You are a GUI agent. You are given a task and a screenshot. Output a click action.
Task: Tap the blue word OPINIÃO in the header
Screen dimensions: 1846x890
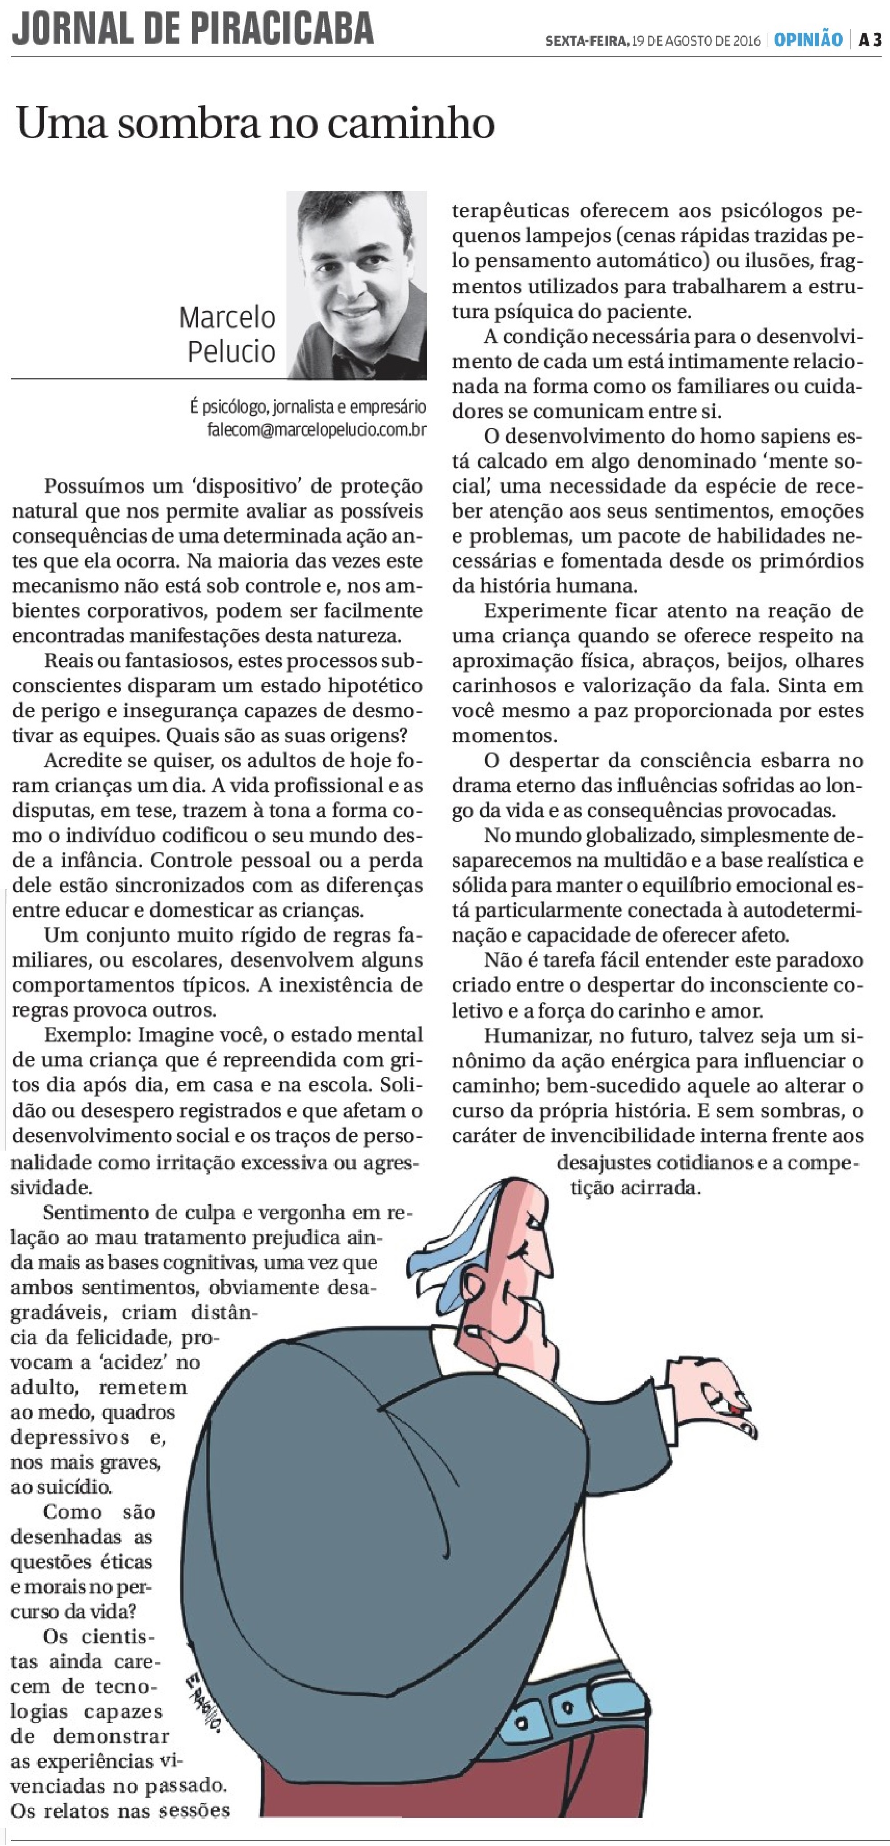pyautogui.click(x=807, y=40)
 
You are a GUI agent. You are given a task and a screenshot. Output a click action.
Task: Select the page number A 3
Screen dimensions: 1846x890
pyautogui.click(x=870, y=40)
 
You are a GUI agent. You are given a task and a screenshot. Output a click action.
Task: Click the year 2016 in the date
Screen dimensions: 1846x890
pyautogui.click(x=746, y=41)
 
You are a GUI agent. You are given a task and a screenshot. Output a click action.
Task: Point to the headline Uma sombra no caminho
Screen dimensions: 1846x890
pyautogui.click(x=255, y=123)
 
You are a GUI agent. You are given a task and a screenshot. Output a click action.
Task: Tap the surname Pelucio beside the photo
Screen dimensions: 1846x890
pyautogui.click(x=231, y=351)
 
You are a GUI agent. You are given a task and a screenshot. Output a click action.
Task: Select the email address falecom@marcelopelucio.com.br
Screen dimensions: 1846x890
pyautogui.click(x=317, y=430)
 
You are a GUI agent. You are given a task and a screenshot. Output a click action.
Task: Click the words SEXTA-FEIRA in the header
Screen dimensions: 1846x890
pyautogui.click(x=587, y=41)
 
